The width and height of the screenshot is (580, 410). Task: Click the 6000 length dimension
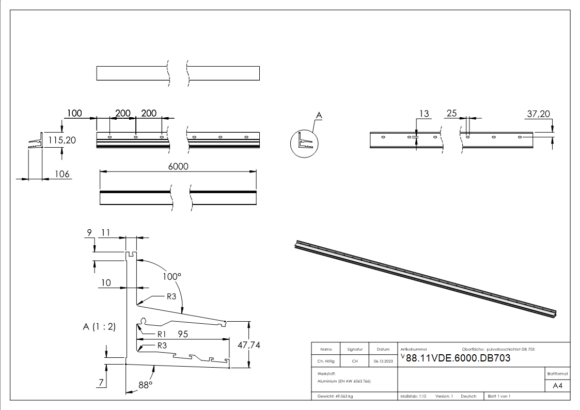tap(178, 166)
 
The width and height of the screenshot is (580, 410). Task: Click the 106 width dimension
tap(62, 175)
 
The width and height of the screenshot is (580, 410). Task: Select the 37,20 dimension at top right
tap(539, 114)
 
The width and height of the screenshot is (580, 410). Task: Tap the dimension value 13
tap(424, 114)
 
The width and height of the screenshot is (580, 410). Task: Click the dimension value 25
tap(451, 114)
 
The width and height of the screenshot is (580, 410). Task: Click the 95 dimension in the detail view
tap(182, 334)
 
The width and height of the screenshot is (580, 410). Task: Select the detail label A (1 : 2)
tap(99, 326)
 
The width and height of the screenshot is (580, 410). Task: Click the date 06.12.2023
tap(383, 361)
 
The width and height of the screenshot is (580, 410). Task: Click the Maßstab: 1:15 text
tap(413, 396)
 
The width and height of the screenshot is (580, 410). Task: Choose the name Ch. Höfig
tap(326, 361)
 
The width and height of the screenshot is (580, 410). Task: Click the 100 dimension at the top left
tap(74, 113)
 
